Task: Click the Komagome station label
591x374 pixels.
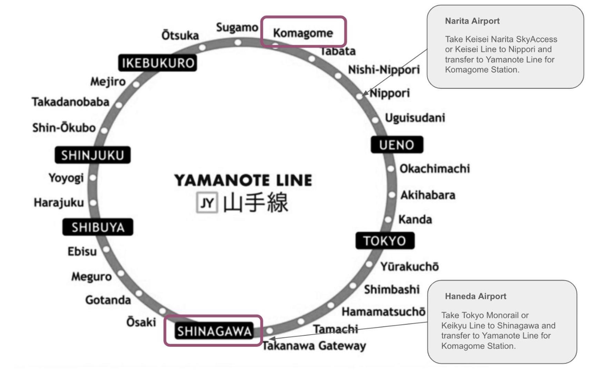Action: (x=303, y=33)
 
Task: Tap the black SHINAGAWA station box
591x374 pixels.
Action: (x=214, y=331)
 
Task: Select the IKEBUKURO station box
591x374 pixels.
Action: (x=158, y=63)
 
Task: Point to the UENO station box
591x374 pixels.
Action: (x=397, y=145)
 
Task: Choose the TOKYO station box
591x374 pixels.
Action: (x=385, y=241)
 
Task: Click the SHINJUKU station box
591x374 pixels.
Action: (x=92, y=155)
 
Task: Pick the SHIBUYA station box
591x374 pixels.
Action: (x=98, y=227)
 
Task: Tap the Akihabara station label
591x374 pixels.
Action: (x=427, y=195)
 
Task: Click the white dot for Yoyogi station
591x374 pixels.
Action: (x=93, y=178)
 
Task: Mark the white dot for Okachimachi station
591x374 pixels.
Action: (x=391, y=169)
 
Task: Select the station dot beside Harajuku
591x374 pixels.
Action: (x=93, y=203)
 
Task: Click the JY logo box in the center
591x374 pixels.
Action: (x=207, y=203)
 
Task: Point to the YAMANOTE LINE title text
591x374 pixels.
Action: (x=243, y=180)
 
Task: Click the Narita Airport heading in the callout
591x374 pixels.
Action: (x=472, y=21)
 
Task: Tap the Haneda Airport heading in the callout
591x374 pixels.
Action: (x=475, y=296)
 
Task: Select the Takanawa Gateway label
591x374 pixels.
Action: (x=314, y=346)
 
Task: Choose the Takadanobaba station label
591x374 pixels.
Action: (x=70, y=102)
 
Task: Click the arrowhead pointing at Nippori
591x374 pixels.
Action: (x=365, y=94)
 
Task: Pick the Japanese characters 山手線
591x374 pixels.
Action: (x=255, y=203)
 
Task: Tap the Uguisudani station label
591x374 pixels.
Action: (x=415, y=118)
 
